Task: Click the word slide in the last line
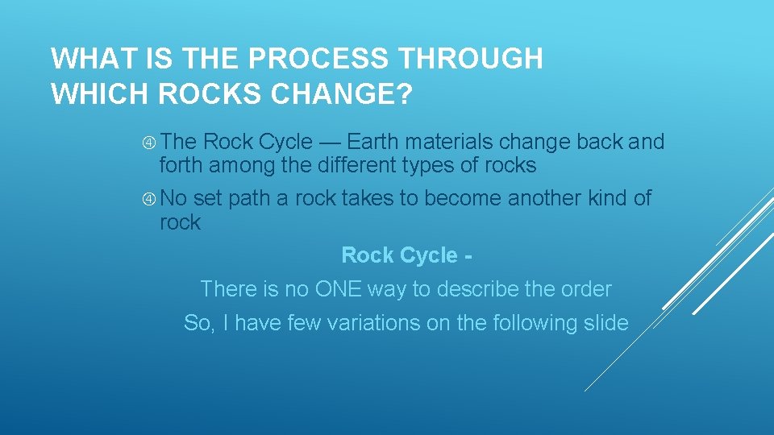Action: click(x=605, y=323)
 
